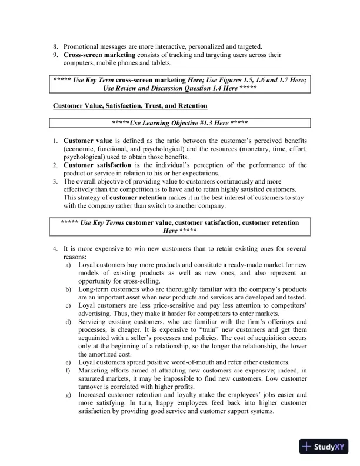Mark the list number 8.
(55, 46)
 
